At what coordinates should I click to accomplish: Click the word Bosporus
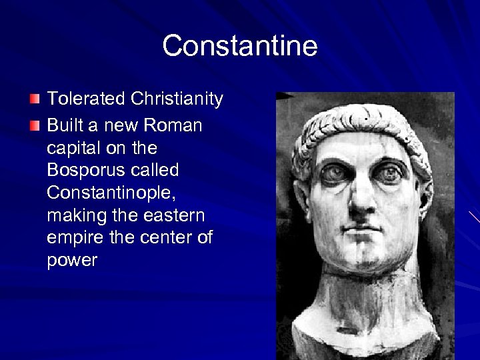[x=86, y=170]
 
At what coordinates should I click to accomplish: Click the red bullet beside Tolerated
[x=35, y=100]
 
